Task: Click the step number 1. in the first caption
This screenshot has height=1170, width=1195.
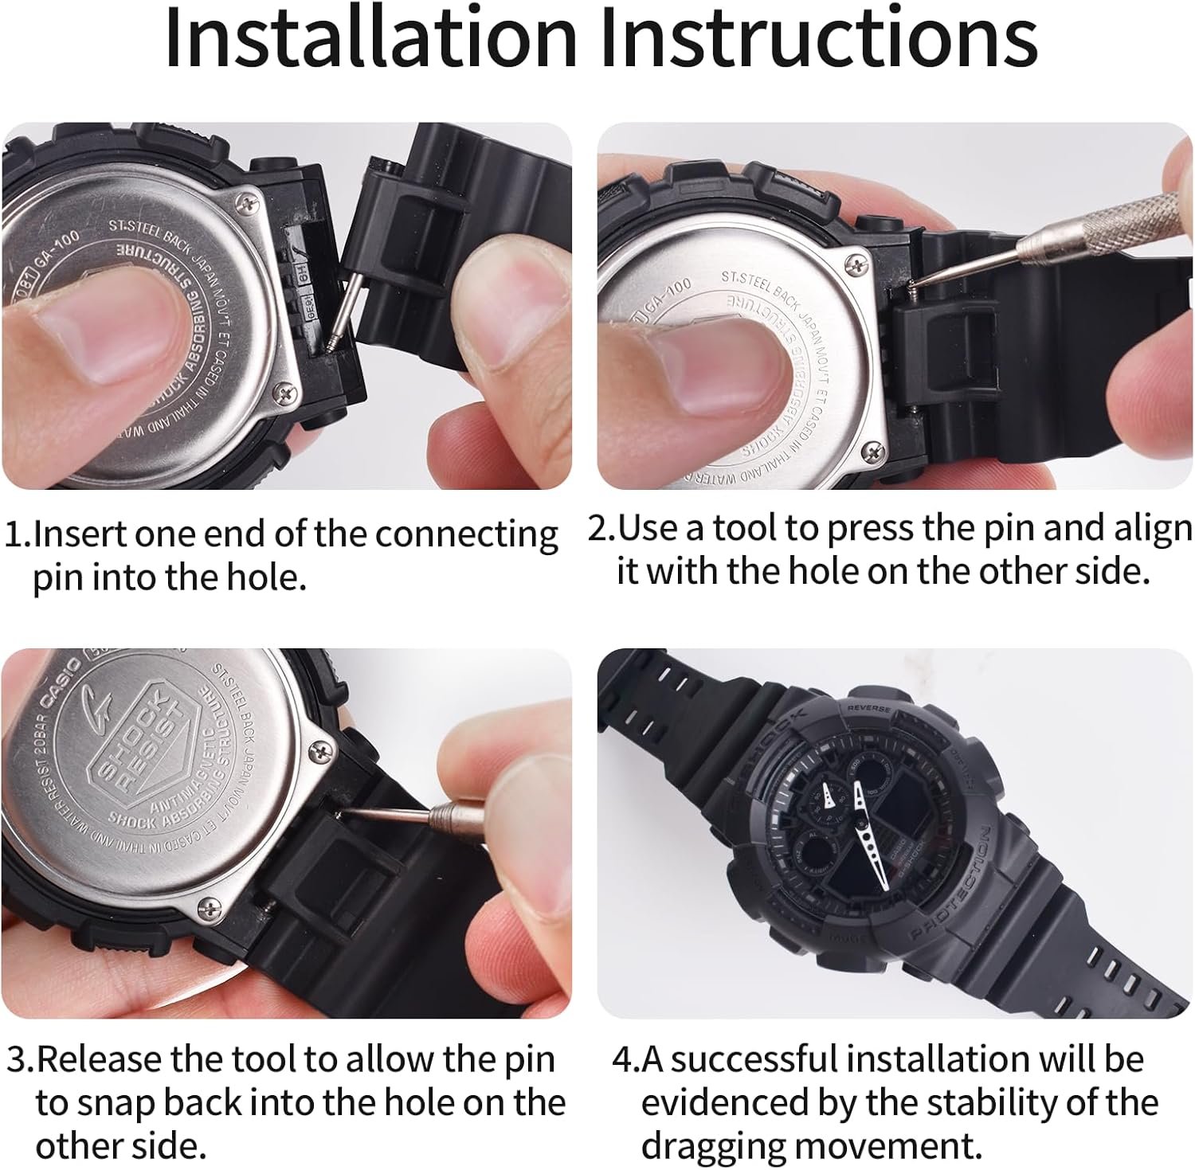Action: [x=18, y=534]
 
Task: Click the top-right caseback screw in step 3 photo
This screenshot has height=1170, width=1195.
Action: [x=320, y=749]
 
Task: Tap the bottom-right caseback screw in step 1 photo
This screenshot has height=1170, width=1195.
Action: [x=284, y=392]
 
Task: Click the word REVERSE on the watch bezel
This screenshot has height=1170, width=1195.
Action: [x=868, y=707]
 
